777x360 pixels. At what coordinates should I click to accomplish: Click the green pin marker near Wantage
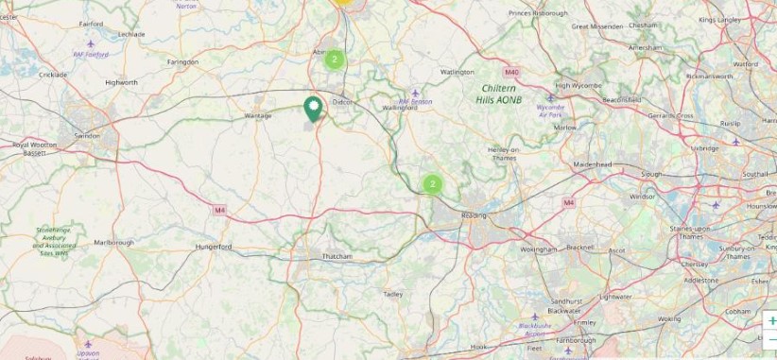tap(313, 109)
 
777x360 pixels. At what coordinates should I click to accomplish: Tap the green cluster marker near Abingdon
tap(334, 60)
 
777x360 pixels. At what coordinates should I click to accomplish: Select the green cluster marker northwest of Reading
tap(431, 183)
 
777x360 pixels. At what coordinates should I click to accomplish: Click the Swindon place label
tap(87, 136)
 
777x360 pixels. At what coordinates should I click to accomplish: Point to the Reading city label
tap(473, 216)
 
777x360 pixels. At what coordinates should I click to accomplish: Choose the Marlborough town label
tap(113, 243)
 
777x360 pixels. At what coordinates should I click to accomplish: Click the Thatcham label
tap(337, 257)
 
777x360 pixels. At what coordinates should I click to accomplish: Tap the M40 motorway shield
tap(511, 72)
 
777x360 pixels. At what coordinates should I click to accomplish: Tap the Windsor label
tap(643, 197)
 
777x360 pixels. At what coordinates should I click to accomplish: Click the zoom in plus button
tap(771, 321)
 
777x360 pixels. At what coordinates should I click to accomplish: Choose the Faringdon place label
tap(183, 62)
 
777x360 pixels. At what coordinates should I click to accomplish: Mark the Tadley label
tap(393, 295)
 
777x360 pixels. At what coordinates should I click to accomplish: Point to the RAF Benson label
tap(415, 101)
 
